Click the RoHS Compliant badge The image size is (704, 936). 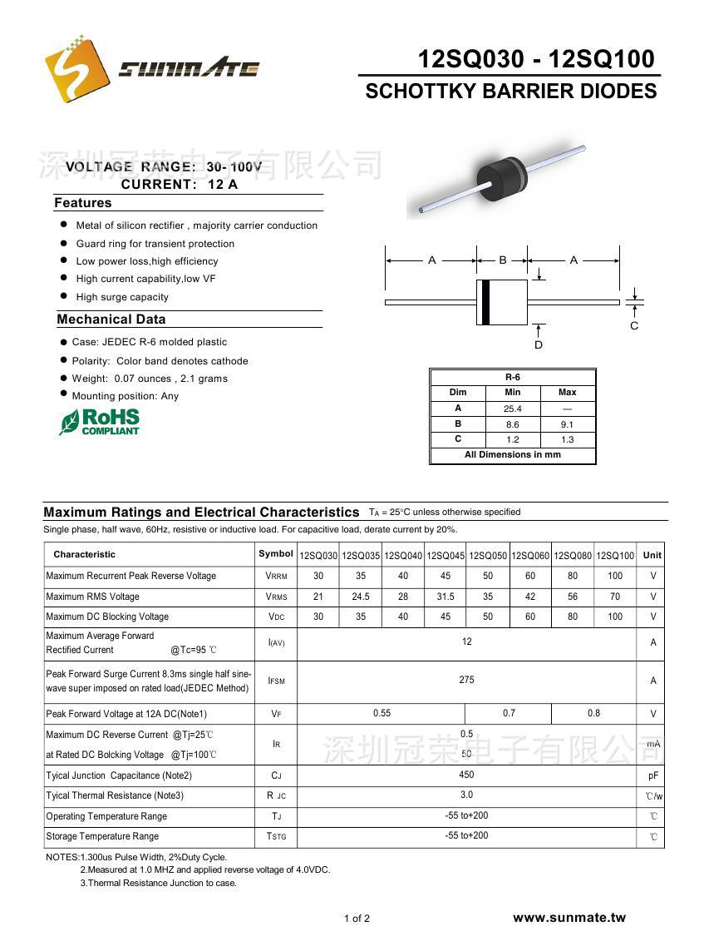[x=100, y=422]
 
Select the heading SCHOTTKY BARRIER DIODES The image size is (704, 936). [x=510, y=92]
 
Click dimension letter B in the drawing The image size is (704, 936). [x=503, y=260]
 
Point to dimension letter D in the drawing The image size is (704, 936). [x=539, y=344]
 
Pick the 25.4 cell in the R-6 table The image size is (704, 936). [x=513, y=409]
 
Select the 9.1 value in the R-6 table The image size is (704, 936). [x=567, y=424]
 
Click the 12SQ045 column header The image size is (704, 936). [x=446, y=556]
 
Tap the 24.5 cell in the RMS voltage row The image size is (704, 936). [x=361, y=597]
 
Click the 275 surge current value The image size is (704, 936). [x=466, y=680]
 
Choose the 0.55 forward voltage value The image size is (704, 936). [x=382, y=713]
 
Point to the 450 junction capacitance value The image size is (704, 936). [x=466, y=774]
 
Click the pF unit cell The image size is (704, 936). [x=653, y=775]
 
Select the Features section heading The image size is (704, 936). [x=83, y=203]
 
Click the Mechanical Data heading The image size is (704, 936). [x=111, y=319]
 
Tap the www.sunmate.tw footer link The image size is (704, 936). [x=569, y=918]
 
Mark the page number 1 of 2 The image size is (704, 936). [x=357, y=919]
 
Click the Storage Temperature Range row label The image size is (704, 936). [x=102, y=836]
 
